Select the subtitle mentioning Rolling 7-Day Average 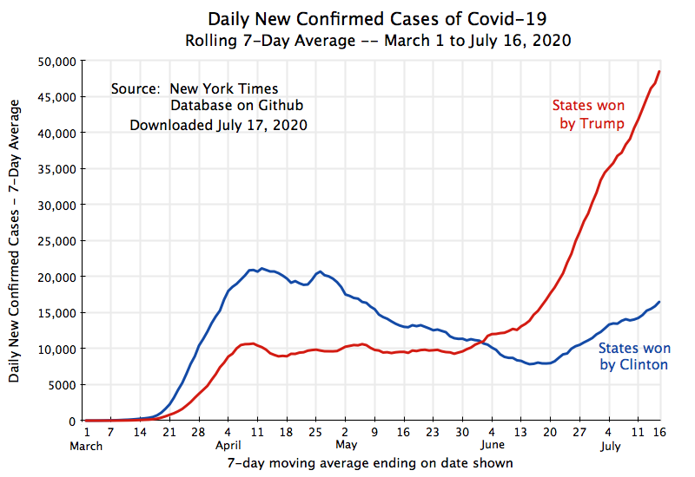pos(377,41)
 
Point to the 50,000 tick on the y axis pos(56,61)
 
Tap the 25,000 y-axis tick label pos(56,241)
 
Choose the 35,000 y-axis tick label pos(56,169)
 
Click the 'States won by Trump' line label pos(588,114)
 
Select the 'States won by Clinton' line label pos(634,356)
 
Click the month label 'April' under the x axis pos(228,447)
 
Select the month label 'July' pos(611,447)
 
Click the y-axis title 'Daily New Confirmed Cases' pos(15,241)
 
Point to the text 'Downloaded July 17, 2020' pos(218,125)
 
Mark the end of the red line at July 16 pos(659,71)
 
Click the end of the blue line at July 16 pos(659,302)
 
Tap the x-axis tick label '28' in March pos(198,431)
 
